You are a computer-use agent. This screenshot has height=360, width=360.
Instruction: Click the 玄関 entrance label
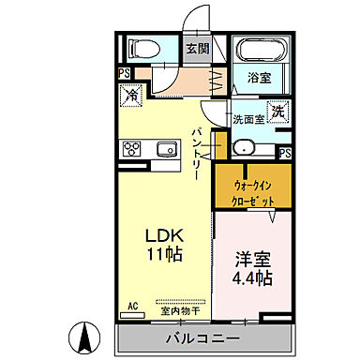(196, 48)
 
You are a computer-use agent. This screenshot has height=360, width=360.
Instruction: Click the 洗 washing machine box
(278, 111)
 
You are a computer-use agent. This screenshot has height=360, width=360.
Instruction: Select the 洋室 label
(248, 257)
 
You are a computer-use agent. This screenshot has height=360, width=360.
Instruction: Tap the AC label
(131, 306)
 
